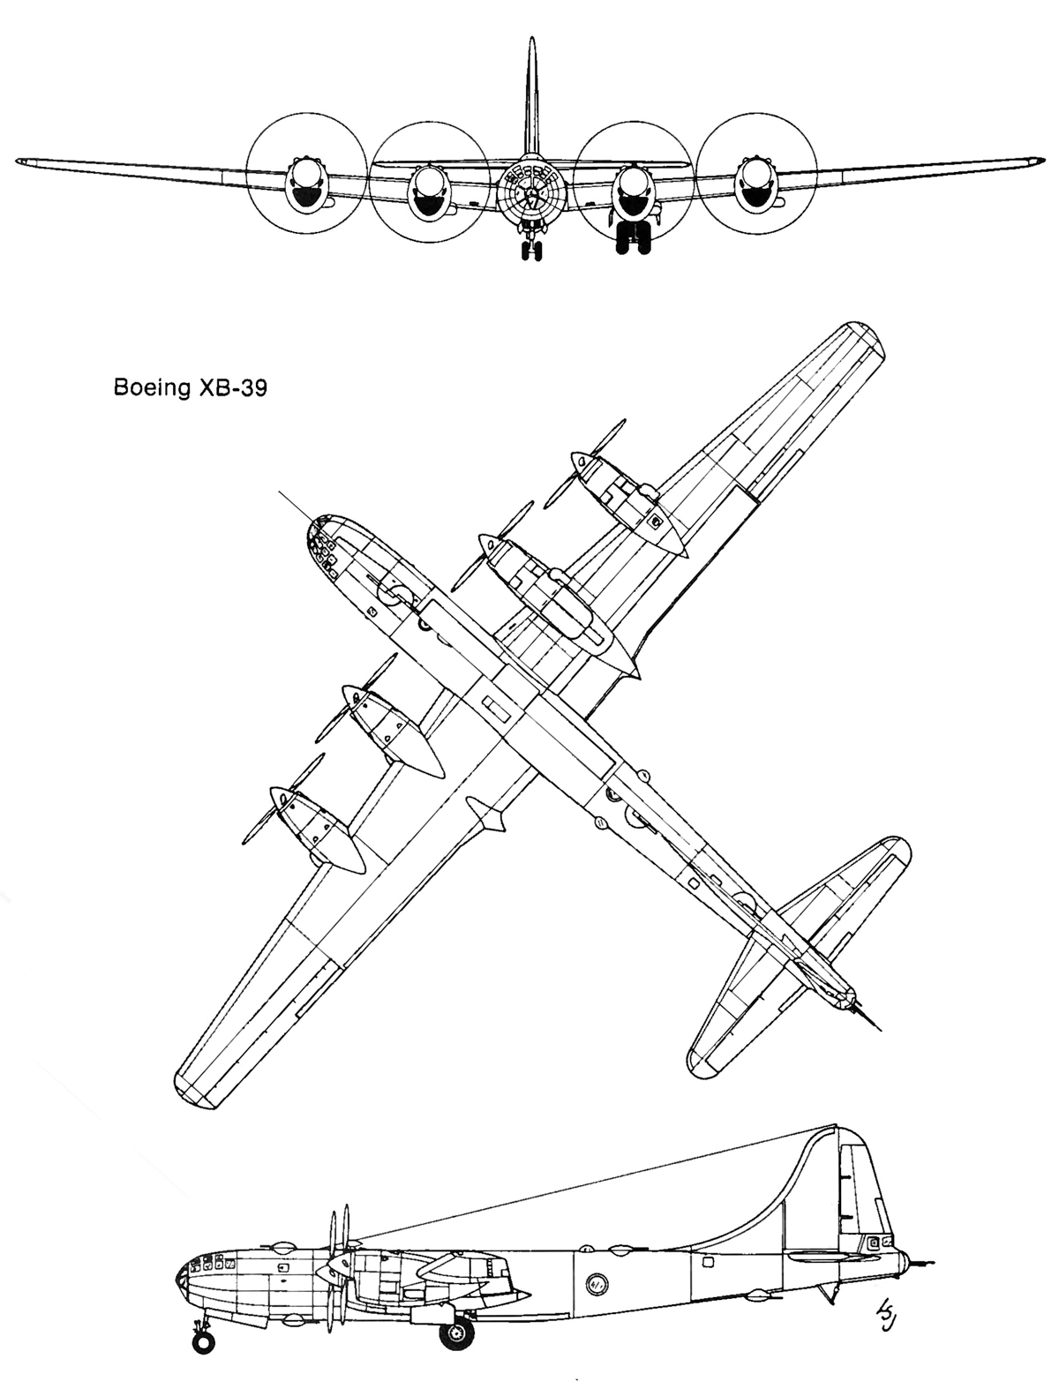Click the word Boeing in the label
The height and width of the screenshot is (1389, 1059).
click(152, 388)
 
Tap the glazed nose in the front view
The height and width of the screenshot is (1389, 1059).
click(529, 190)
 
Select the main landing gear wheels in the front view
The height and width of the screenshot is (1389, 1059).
click(634, 240)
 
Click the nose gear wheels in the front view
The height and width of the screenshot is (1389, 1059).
click(531, 252)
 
